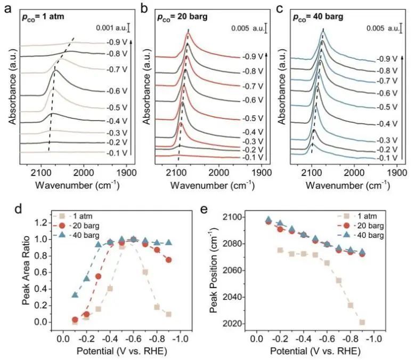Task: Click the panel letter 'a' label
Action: coord(7,7)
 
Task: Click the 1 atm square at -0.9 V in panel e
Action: coord(362,322)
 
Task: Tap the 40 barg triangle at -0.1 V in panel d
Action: coord(75,294)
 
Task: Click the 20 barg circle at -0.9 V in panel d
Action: coord(169,260)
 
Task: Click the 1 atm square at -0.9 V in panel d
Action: coord(169,314)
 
